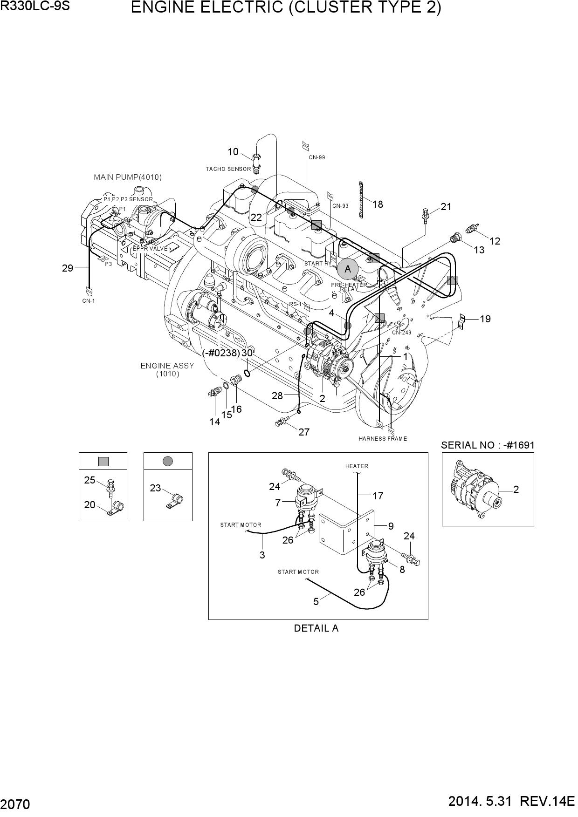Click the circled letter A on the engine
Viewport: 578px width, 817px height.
(x=347, y=269)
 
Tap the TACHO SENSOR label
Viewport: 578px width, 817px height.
(x=228, y=169)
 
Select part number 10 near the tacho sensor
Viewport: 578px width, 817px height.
(x=233, y=151)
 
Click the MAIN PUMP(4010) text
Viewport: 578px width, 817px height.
(x=128, y=177)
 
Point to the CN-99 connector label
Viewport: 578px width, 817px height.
(x=317, y=157)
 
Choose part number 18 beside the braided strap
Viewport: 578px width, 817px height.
(x=378, y=204)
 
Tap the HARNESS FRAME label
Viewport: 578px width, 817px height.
(x=383, y=438)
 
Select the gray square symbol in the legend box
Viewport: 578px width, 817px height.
(x=103, y=461)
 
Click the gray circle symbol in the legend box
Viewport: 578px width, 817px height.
(x=168, y=461)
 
